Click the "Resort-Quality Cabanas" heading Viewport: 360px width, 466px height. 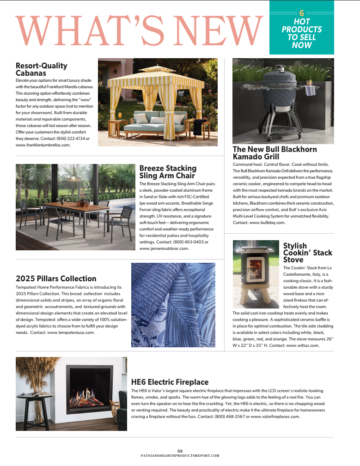click(41, 69)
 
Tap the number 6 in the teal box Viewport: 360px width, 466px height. click(302, 13)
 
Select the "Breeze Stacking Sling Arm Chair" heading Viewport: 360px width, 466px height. click(168, 172)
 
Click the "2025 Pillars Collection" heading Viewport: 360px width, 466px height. click(56, 278)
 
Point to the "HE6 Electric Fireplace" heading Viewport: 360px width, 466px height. click(170, 382)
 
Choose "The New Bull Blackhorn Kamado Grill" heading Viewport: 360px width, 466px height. click(268, 153)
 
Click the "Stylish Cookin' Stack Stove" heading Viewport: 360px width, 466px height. click(307, 253)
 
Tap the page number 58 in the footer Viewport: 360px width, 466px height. click(180, 450)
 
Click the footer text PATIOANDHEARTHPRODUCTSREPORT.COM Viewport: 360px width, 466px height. click(180, 455)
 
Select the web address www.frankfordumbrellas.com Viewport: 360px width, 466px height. click(43, 145)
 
